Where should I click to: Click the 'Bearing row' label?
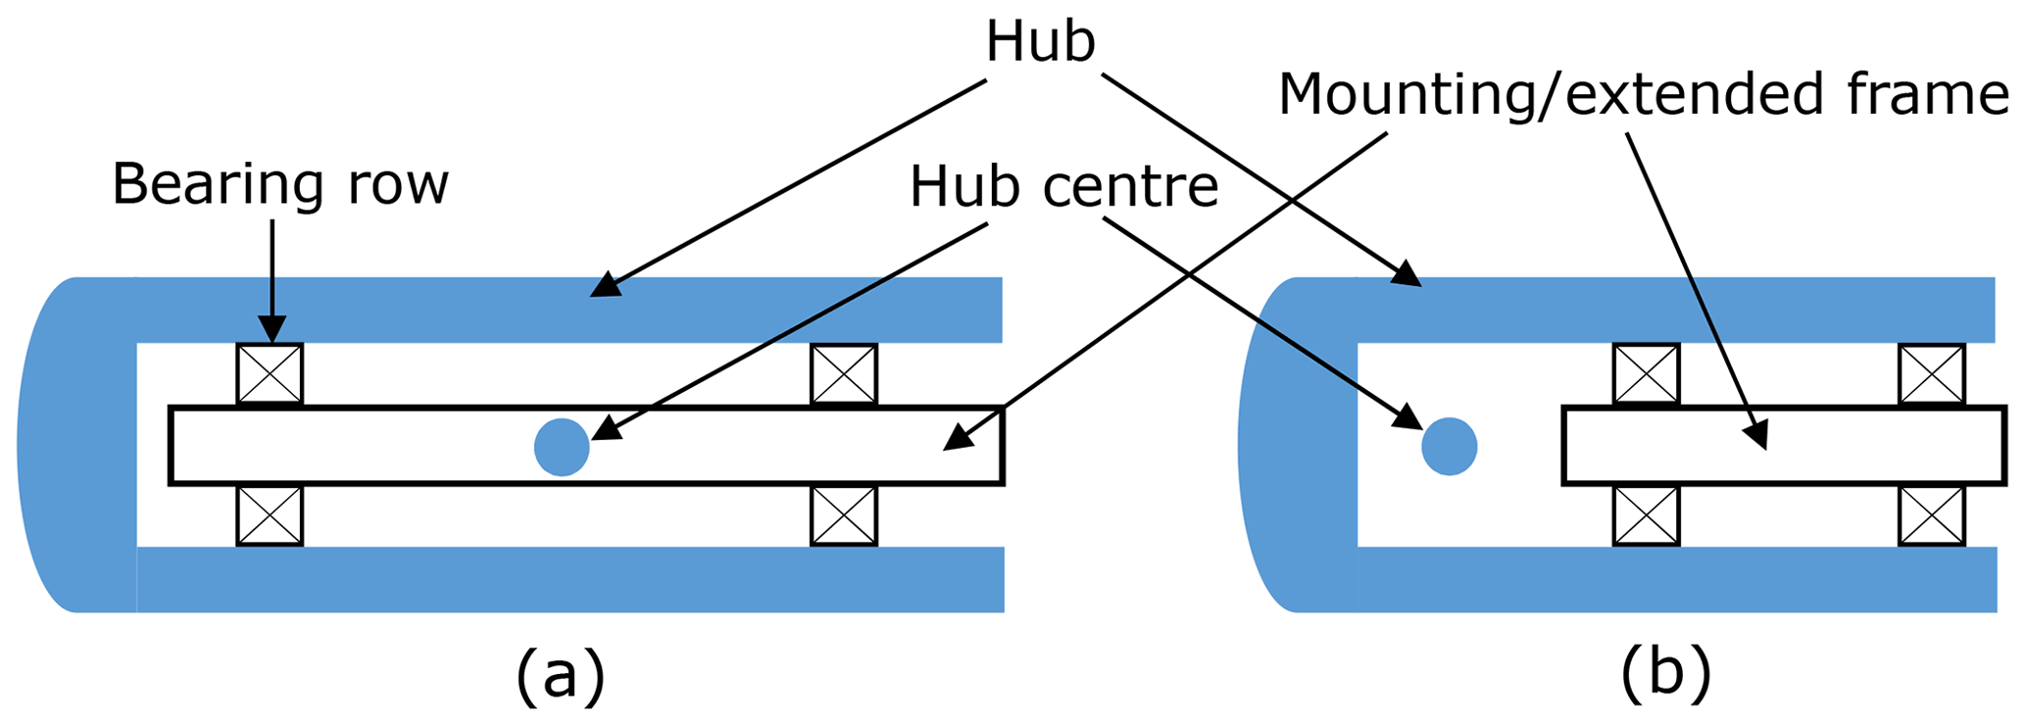coord(280,184)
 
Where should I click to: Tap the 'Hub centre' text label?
coord(1063,186)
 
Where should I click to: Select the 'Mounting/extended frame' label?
coord(1644,95)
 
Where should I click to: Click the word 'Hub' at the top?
coord(1040,43)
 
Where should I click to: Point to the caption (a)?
coord(561,676)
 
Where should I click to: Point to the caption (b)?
coord(1665,676)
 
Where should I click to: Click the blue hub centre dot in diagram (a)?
coord(562,447)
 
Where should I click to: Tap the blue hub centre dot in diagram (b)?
coord(1449,446)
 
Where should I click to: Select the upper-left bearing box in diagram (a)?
coord(270,373)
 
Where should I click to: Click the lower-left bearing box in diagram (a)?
coord(270,515)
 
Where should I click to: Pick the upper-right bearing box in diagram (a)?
coord(844,373)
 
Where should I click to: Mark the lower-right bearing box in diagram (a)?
coord(844,515)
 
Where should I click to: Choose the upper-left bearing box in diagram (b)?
coord(1647,373)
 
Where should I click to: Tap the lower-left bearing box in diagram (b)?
coord(1647,515)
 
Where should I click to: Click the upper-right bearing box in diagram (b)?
coord(1932,373)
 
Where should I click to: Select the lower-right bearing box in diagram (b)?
coord(1932,515)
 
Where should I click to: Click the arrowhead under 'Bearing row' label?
coord(272,331)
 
